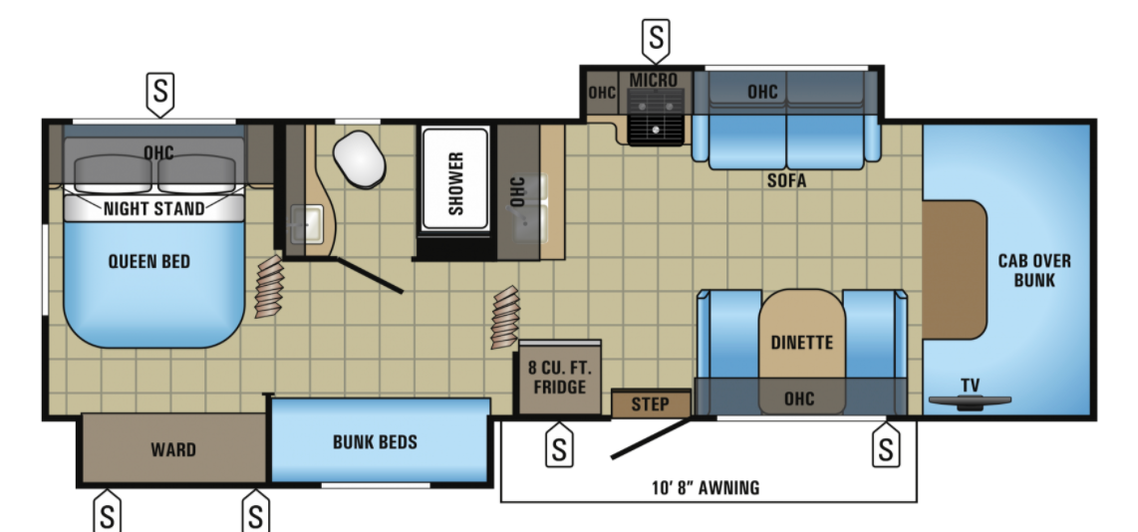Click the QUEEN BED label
coord(149,261)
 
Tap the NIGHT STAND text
coord(153,209)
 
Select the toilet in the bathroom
coord(359,159)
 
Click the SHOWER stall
coord(455,181)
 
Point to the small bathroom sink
coord(306,224)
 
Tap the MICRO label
coord(653,79)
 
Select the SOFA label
coord(786,180)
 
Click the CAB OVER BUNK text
coord(1034,270)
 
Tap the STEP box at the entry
coord(651,404)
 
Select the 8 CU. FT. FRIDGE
coord(560,378)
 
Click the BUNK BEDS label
coord(376,441)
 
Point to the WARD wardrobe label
coord(173,450)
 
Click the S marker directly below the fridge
coord(559,446)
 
